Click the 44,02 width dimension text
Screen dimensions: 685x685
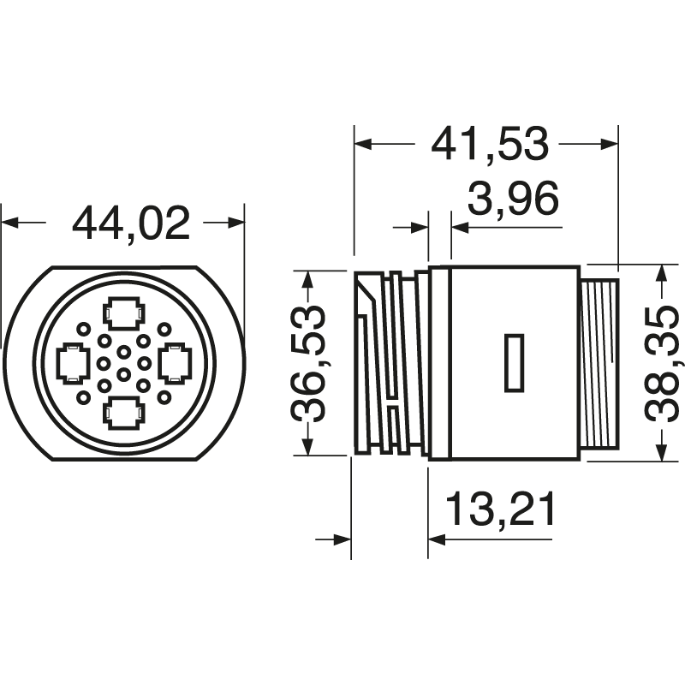click(130, 223)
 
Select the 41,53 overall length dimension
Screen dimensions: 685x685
click(489, 144)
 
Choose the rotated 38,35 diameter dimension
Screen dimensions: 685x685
click(662, 363)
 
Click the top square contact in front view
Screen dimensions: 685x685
click(123, 313)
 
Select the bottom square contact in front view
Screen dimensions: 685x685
click(123, 413)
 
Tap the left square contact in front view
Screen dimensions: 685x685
click(71, 363)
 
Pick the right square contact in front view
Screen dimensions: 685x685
click(175, 363)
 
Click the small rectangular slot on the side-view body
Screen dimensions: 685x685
click(514, 363)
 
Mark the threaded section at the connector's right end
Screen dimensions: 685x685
click(599, 363)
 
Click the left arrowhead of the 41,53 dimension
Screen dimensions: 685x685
click(363, 144)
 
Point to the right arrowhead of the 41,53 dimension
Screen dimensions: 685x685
click(608, 144)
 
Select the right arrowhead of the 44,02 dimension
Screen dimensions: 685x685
click(236, 223)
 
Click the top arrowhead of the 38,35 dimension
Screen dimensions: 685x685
click(662, 273)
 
